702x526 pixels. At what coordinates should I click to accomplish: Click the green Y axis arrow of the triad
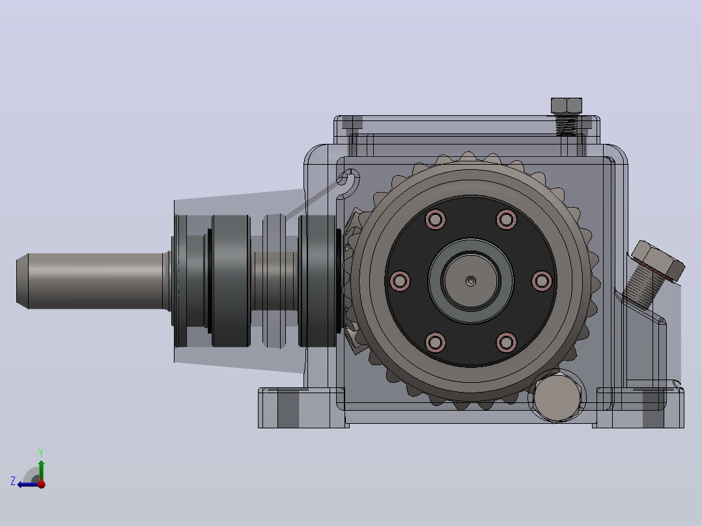coord(41,469)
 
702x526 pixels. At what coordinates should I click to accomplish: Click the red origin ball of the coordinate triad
coord(42,484)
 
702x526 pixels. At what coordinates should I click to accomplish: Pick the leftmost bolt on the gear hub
coord(400,281)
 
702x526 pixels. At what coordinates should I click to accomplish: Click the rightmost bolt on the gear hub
coord(542,281)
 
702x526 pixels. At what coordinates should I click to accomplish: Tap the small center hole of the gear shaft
coord(471,281)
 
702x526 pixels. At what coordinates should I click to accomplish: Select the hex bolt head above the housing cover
coord(567,105)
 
